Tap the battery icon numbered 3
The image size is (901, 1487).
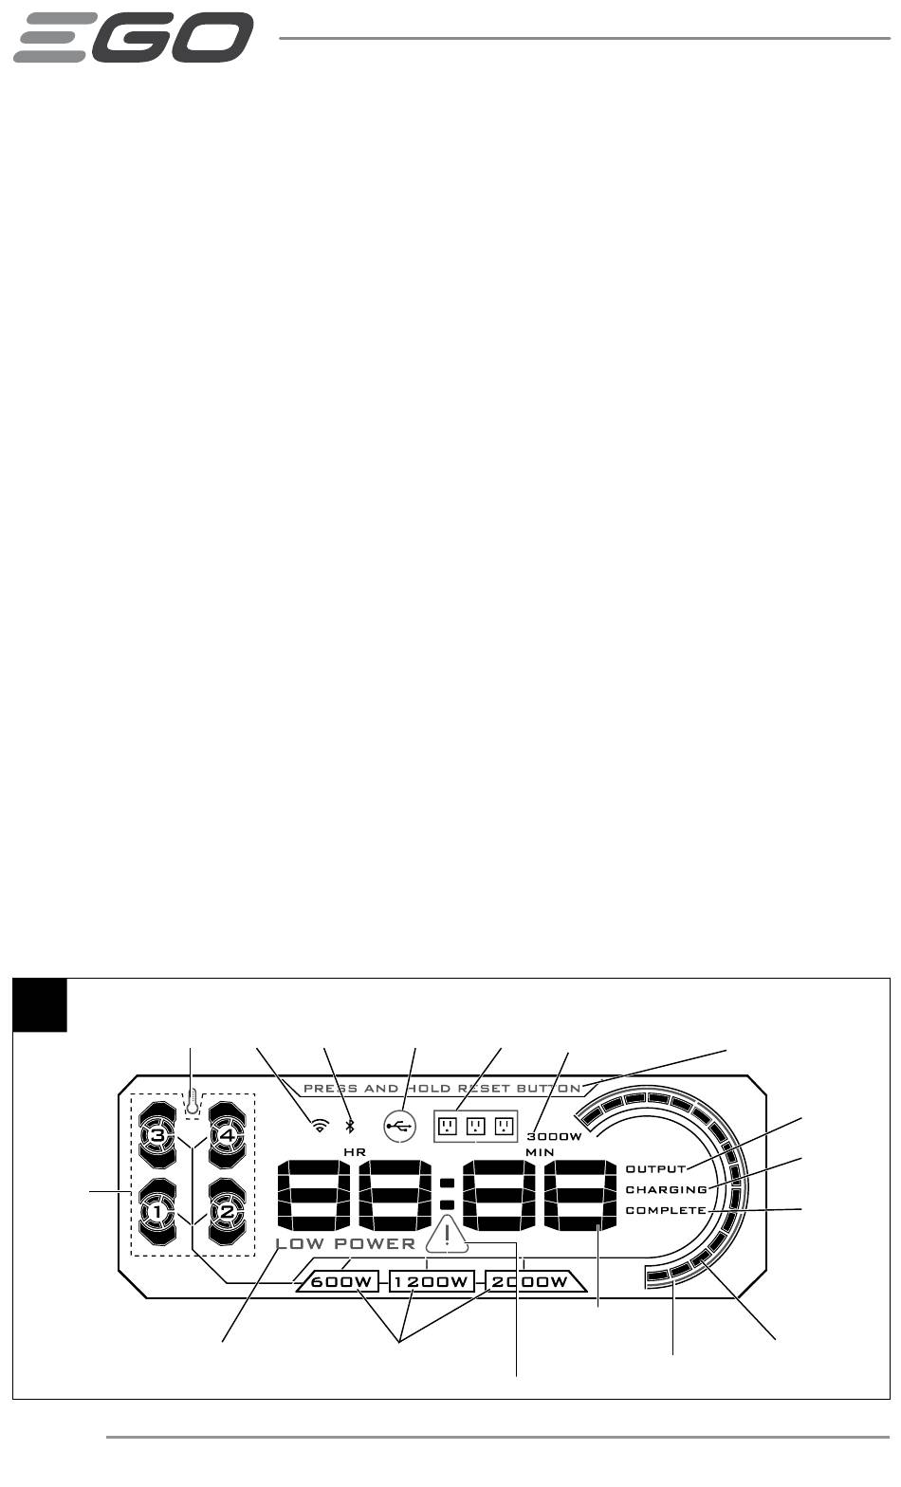pyautogui.click(x=157, y=1134)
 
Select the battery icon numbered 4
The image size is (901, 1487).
pyautogui.click(x=228, y=1134)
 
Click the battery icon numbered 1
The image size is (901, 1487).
pyautogui.click(x=157, y=1211)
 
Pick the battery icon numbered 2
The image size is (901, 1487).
pyautogui.click(x=228, y=1211)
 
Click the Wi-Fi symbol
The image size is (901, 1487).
pyautogui.click(x=321, y=1126)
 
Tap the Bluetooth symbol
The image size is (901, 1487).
pyautogui.click(x=350, y=1126)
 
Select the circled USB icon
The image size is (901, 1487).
pyautogui.click(x=399, y=1126)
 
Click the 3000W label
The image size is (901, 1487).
pyautogui.click(x=554, y=1136)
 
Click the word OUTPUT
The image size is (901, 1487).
pyautogui.click(x=655, y=1168)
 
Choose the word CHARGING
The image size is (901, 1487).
pyautogui.click(x=666, y=1189)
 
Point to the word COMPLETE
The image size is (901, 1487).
pyautogui.click(x=666, y=1210)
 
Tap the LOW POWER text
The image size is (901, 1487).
pyautogui.click(x=345, y=1243)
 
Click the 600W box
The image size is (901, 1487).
pyautogui.click(x=339, y=1282)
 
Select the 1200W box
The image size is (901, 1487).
pyautogui.click(x=432, y=1282)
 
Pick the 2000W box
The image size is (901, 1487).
pyautogui.click(x=528, y=1282)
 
